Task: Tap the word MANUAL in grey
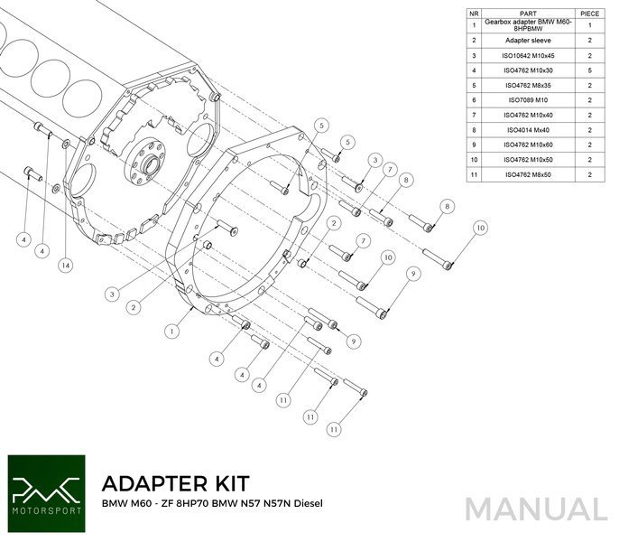click(536, 508)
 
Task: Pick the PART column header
click(530, 14)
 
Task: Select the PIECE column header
click(589, 14)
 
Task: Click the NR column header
click(474, 14)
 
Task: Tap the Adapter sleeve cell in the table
click(530, 41)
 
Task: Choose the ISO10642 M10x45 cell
click(530, 55)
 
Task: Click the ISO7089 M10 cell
click(530, 100)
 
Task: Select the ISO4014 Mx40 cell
click(530, 130)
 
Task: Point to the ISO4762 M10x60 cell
click(530, 145)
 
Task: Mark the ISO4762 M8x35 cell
click(530, 85)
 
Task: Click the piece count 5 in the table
click(589, 70)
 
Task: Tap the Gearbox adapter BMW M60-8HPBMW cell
click(530, 26)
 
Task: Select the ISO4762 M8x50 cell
click(530, 174)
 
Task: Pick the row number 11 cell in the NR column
click(474, 174)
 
